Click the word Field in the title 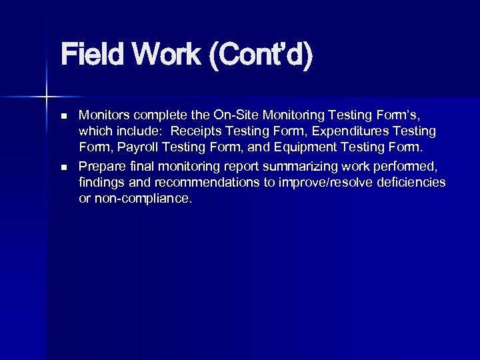[91, 56]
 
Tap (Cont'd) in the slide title [260, 56]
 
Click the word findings [99, 182]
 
